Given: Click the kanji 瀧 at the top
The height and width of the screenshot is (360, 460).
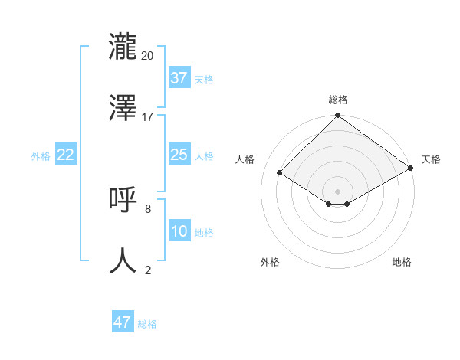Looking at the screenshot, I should point(123,45).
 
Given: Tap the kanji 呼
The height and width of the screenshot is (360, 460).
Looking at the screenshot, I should point(123,200).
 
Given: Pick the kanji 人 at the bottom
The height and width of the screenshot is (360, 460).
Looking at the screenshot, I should point(123,260).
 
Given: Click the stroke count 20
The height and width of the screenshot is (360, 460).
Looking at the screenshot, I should point(147,55).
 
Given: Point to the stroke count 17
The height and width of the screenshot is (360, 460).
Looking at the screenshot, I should point(147,117).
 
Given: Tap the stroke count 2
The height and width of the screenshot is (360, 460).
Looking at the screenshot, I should point(147,270).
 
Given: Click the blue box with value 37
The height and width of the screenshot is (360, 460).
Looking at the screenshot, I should point(179,78).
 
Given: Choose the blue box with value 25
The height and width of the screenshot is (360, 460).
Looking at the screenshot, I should point(179,155).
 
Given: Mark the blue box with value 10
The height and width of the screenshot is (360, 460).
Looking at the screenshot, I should point(179,231).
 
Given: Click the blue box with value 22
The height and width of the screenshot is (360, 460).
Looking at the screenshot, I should point(66,155).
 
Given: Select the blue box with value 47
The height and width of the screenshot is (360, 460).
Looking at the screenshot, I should point(123,322).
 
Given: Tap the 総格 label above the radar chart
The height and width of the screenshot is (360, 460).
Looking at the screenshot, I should point(338,100).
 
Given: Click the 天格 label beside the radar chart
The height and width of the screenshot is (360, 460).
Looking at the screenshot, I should point(431,159).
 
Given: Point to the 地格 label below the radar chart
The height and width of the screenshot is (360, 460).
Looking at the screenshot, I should point(402,262).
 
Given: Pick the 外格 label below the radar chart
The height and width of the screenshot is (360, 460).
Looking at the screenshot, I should point(270,262).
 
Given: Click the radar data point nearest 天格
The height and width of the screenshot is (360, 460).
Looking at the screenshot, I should point(411,169).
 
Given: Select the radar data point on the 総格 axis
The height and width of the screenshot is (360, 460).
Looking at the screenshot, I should point(337,116).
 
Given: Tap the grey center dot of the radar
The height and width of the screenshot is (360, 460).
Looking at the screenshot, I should point(337,191).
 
